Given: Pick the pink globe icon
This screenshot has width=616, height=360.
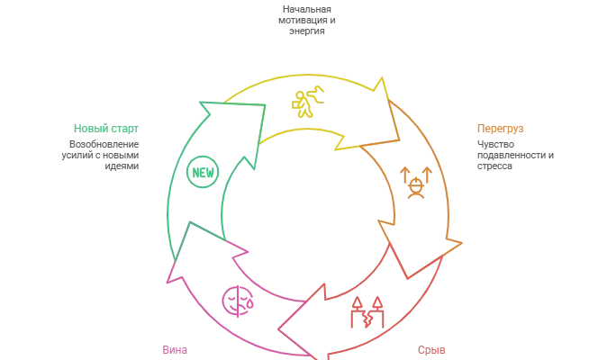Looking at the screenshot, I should (236, 299).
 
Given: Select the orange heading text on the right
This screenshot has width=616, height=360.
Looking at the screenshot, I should (494, 129).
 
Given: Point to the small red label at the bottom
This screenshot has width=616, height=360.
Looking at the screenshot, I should (431, 349).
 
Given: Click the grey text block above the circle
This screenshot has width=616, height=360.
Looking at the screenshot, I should (308, 20).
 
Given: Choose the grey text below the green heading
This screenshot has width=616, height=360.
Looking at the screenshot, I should (104, 153).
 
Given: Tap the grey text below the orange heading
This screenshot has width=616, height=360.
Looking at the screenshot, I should (504, 153).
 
